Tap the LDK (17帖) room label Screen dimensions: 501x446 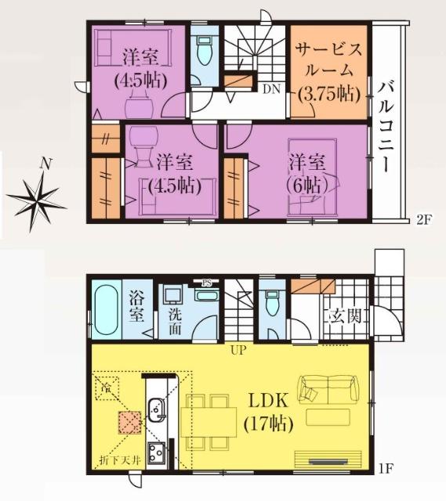point(269,413)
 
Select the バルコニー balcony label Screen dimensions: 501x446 point(388,125)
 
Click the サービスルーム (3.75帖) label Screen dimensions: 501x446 point(329,70)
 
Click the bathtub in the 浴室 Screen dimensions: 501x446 point(104,312)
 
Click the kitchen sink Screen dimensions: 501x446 point(156,409)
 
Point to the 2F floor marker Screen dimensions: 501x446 point(422,220)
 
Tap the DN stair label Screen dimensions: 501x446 point(271,88)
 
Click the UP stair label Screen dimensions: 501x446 point(238,350)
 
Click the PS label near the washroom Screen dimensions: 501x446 point(207,283)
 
